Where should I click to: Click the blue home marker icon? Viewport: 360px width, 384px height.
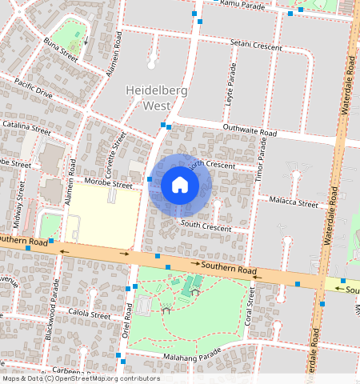(x=180, y=185)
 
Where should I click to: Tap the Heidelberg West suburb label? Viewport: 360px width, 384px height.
(x=157, y=98)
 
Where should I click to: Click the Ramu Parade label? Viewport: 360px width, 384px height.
(x=242, y=4)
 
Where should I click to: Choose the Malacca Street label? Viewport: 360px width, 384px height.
(x=294, y=201)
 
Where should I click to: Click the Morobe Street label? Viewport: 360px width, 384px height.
(x=110, y=184)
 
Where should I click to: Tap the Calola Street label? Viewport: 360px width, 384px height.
(x=89, y=315)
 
